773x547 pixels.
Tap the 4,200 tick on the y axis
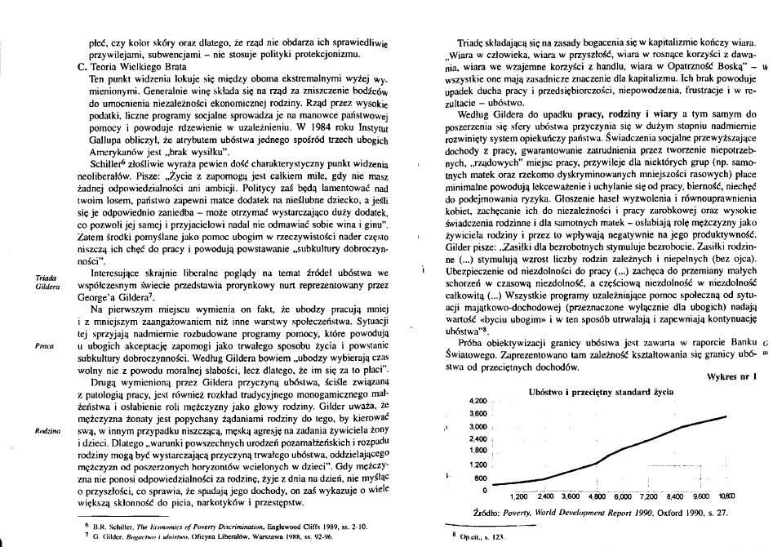(x=479, y=402)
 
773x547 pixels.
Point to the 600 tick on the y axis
(x=482, y=478)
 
